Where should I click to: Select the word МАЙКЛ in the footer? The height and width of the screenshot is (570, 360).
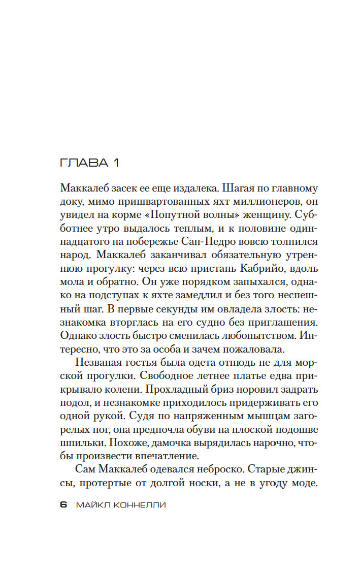coord(91,505)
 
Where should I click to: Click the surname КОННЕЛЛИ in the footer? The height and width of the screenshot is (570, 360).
coord(138,505)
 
